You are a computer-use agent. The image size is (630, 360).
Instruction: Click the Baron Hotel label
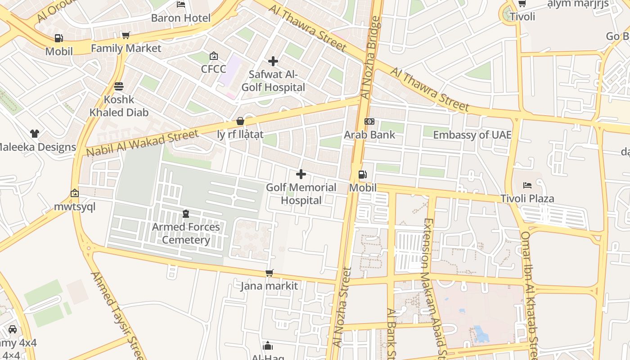coord(180,18)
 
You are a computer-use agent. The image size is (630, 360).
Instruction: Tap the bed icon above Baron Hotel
coord(181,4)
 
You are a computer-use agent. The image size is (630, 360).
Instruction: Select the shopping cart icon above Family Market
coord(126,35)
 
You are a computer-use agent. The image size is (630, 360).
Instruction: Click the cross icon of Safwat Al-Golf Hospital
coord(273,61)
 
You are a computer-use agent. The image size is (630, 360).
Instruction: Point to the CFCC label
coord(213,69)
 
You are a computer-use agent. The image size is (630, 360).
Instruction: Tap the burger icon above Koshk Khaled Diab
coord(119,86)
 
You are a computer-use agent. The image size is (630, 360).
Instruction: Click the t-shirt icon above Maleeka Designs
coord(35,134)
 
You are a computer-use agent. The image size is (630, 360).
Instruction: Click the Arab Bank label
coord(369,135)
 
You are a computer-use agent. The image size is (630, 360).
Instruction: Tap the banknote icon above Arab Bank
coord(369,121)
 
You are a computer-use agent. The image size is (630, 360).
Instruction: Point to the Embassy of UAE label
coord(472,135)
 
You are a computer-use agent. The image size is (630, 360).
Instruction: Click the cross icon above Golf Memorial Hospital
coord(301,174)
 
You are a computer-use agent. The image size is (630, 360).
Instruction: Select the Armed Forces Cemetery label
coord(186,233)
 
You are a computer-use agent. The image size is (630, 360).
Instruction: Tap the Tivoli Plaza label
coord(527,198)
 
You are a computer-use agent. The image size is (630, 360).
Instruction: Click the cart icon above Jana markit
coord(270,273)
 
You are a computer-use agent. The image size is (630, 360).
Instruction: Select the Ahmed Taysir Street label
coord(118,315)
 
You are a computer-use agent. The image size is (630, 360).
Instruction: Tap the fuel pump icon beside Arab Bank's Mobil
coord(362,175)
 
